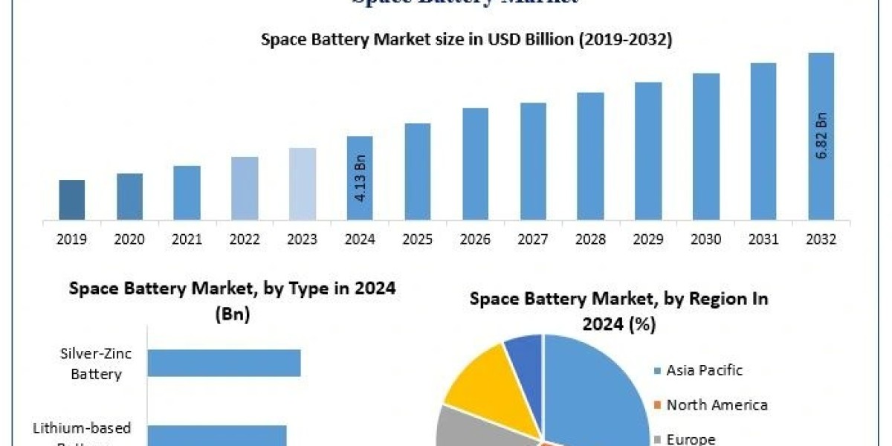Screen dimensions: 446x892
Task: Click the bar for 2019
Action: (x=72, y=200)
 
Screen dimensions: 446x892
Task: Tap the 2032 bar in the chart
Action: (x=821, y=137)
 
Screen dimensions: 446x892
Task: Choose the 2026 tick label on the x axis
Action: (x=475, y=239)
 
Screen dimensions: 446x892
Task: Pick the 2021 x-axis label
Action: (x=187, y=239)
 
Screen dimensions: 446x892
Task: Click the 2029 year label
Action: (x=648, y=239)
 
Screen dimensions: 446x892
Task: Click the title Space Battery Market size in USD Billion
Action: (x=466, y=40)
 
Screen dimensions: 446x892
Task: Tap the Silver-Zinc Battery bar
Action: (x=224, y=363)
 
